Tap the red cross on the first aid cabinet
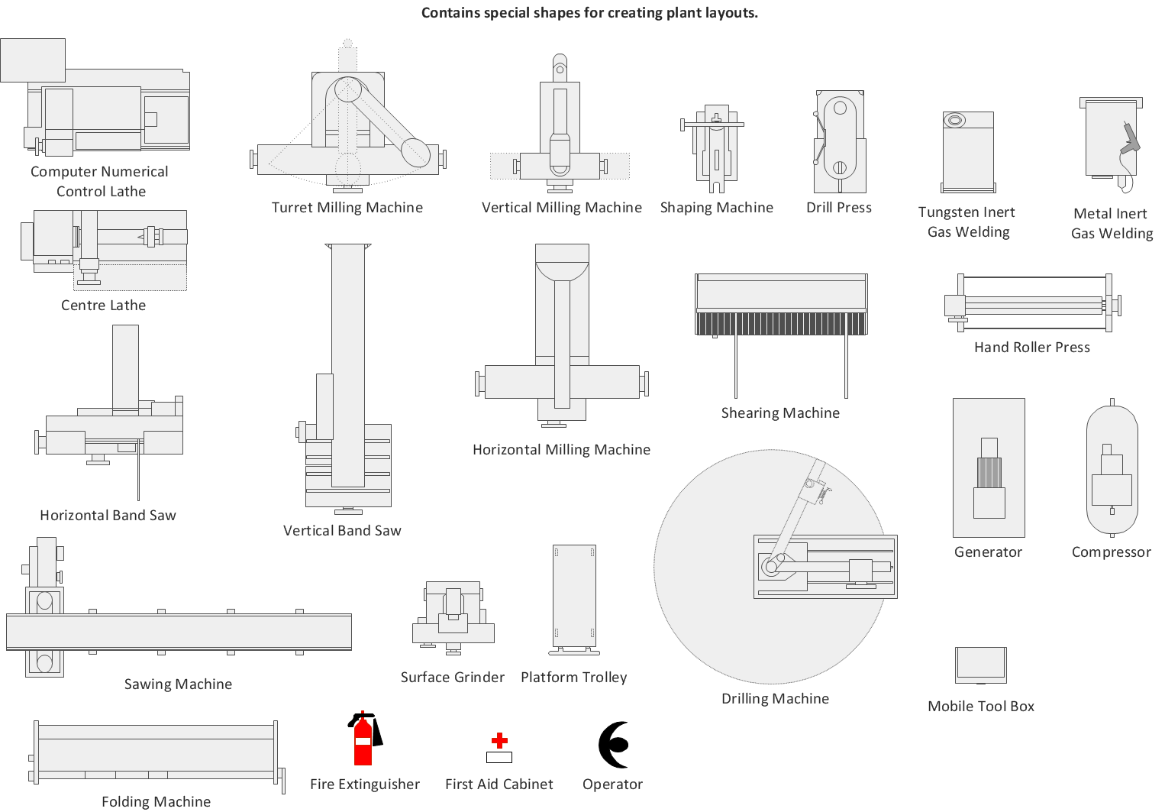[x=499, y=740]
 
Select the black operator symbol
[x=614, y=745]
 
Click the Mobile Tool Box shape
[x=981, y=665]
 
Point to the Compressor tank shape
[x=1112, y=470]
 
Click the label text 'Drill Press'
[x=838, y=208]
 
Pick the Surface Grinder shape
[x=453, y=616]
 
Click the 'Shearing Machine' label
[x=780, y=413]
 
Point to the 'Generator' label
[x=988, y=552]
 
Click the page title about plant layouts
[x=589, y=13]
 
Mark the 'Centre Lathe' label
[x=103, y=306]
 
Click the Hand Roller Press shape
[x=1032, y=304]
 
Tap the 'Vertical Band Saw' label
[x=342, y=531]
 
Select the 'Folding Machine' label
[x=156, y=801]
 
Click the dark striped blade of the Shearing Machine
[x=781, y=324]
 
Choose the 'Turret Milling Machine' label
[x=347, y=208]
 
